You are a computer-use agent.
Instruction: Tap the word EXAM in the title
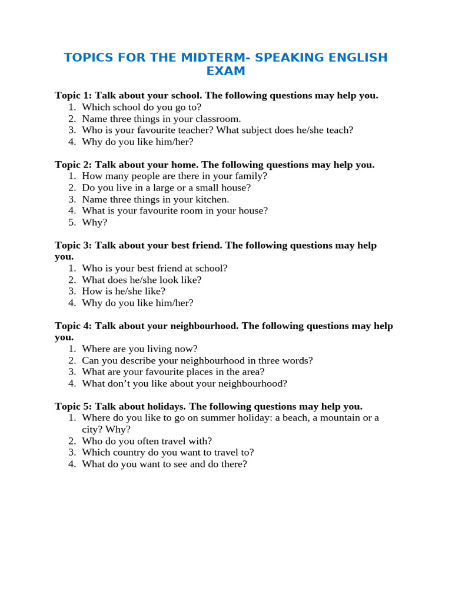(x=225, y=71)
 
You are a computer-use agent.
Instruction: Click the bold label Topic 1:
(x=74, y=95)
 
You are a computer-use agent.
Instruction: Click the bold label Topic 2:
(x=74, y=165)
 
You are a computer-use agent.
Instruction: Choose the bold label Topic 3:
(x=74, y=245)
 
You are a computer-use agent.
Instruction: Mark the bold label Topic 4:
(x=74, y=326)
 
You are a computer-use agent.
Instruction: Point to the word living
(x=159, y=349)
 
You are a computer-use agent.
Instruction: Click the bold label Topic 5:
(x=74, y=406)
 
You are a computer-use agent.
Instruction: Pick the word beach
(x=293, y=418)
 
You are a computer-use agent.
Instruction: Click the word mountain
(x=340, y=418)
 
